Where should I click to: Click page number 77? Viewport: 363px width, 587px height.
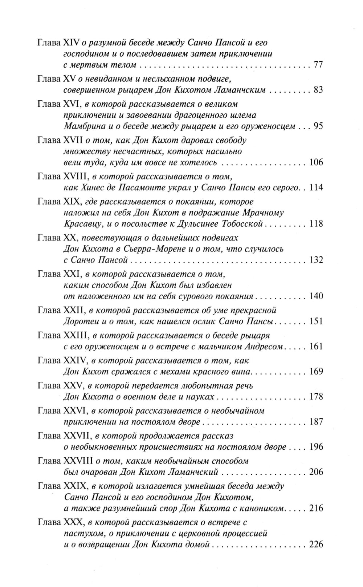318,65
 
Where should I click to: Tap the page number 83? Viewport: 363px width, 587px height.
318,90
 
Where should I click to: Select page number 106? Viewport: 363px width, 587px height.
316,162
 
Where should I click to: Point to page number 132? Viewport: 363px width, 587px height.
316,260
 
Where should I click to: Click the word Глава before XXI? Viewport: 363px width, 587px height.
49,274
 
